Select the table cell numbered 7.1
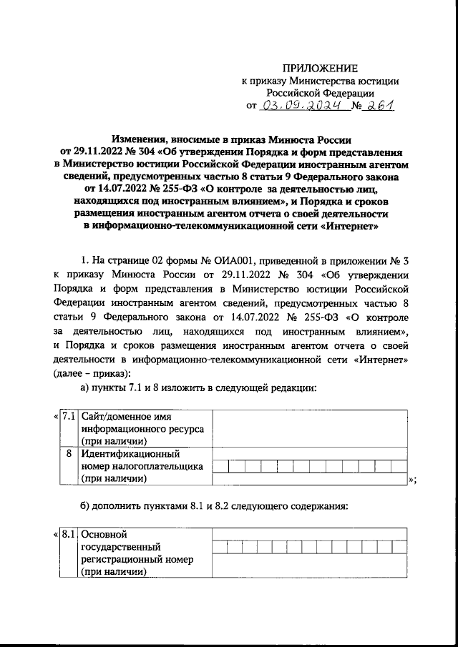pyautogui.click(x=69, y=416)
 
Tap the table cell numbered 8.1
pyautogui.click(x=69, y=533)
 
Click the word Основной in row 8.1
pyautogui.click(x=104, y=533)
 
